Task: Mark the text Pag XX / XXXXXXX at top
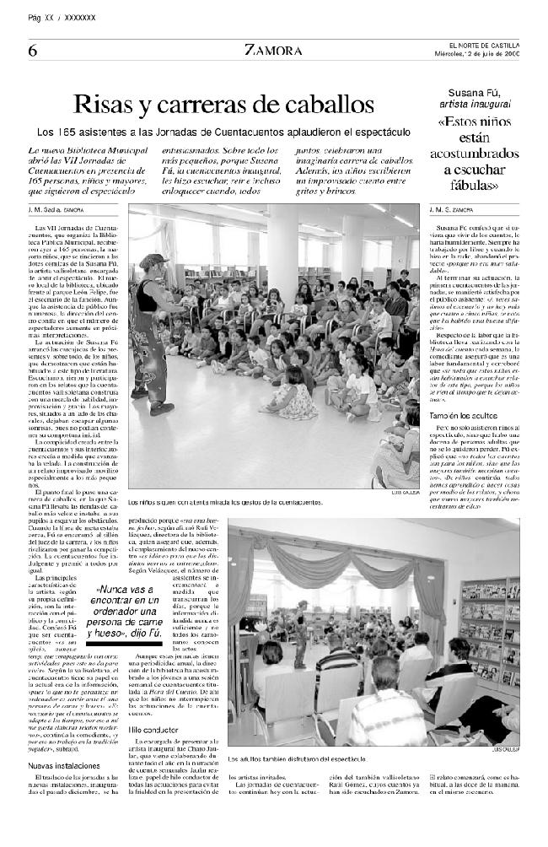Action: [62, 17]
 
